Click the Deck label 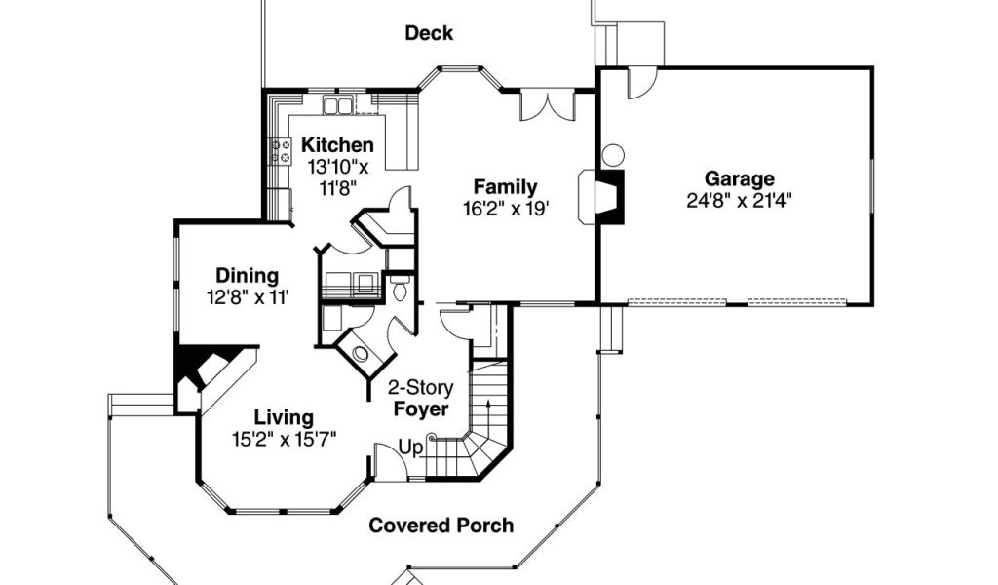pyautogui.click(x=429, y=33)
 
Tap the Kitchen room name pyautogui.click(x=337, y=145)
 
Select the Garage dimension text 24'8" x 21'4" pyautogui.click(x=739, y=201)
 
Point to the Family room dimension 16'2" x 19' pyautogui.click(x=506, y=209)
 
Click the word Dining pyautogui.click(x=248, y=276)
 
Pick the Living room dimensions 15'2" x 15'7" pyautogui.click(x=284, y=439)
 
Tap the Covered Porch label pyautogui.click(x=441, y=526)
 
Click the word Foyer pyautogui.click(x=421, y=409)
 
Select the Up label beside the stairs pyautogui.click(x=410, y=448)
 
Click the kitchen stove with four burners pyautogui.click(x=281, y=150)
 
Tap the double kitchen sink pyautogui.click(x=337, y=105)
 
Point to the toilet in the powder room pyautogui.click(x=401, y=288)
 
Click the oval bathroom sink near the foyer pyautogui.click(x=361, y=354)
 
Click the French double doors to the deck pyautogui.click(x=548, y=106)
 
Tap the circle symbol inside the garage pyautogui.click(x=613, y=155)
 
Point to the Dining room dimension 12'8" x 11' pyautogui.click(x=248, y=297)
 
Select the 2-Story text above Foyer pyautogui.click(x=421, y=388)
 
